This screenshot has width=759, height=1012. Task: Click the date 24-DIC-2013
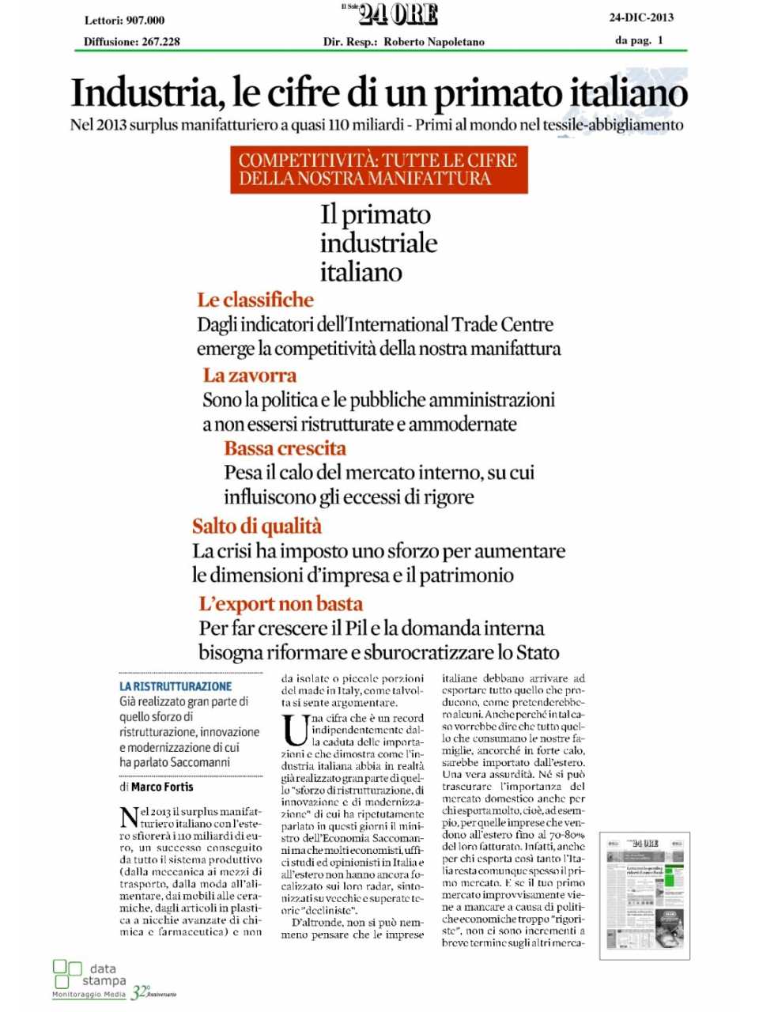click(x=641, y=17)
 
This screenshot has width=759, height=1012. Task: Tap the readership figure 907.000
click(x=145, y=21)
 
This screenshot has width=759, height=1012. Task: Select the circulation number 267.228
click(x=160, y=42)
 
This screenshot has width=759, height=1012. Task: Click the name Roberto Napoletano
click(x=434, y=42)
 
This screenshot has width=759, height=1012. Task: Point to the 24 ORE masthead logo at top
click(x=398, y=15)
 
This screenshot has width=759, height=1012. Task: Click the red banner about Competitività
click(x=379, y=169)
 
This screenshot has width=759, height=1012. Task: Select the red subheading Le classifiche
click(x=255, y=300)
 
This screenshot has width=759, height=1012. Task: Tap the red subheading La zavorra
click(x=249, y=376)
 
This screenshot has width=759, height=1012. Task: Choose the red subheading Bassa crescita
click(x=285, y=448)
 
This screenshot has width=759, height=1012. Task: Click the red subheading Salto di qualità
click(x=256, y=527)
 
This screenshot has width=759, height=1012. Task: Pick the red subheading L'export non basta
click(x=280, y=604)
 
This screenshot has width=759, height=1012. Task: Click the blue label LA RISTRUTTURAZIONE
click(x=176, y=686)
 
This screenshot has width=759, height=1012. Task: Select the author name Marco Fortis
click(x=162, y=787)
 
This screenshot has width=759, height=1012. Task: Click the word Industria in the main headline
click(x=143, y=93)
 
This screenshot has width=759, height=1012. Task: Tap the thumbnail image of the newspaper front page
click(x=644, y=895)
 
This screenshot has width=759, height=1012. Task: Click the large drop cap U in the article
click(x=295, y=729)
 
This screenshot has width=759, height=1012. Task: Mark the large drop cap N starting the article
click(x=129, y=818)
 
